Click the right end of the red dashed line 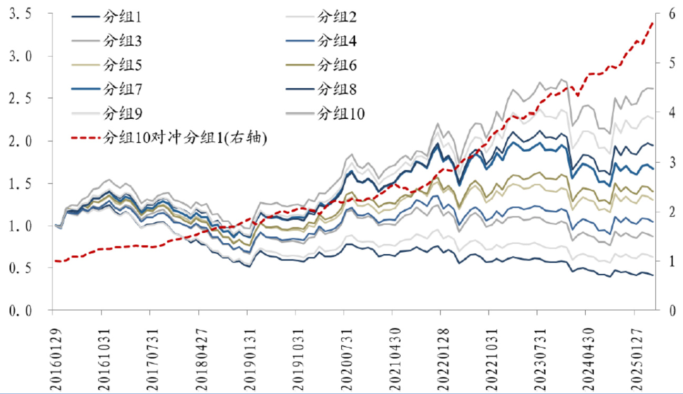653,23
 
